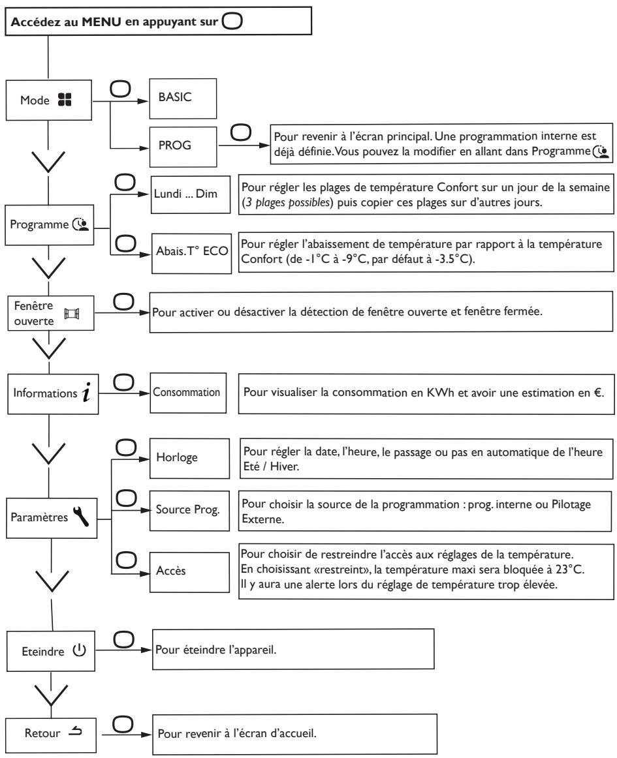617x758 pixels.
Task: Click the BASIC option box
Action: (x=183, y=99)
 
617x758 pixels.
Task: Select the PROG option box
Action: (x=183, y=147)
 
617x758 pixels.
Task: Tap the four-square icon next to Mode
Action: (x=65, y=100)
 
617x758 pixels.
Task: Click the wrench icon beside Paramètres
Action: (x=81, y=516)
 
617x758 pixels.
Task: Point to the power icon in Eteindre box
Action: (x=80, y=650)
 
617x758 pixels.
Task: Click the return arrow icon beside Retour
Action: (x=75, y=731)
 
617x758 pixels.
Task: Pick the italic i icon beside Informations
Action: (x=87, y=392)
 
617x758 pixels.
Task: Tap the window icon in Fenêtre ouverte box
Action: (x=72, y=314)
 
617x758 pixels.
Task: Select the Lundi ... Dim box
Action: (x=191, y=194)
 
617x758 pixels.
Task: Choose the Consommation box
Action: (x=188, y=393)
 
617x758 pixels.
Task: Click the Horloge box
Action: (x=190, y=459)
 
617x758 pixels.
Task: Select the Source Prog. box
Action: (x=190, y=511)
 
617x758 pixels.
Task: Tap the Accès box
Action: (x=190, y=572)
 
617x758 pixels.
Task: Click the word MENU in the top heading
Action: (x=102, y=22)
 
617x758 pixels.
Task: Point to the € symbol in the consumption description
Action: (x=598, y=393)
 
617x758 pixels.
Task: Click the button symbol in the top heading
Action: (x=232, y=22)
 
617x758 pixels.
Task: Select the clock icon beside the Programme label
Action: (x=81, y=224)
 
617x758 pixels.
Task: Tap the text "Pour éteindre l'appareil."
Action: (x=216, y=650)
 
